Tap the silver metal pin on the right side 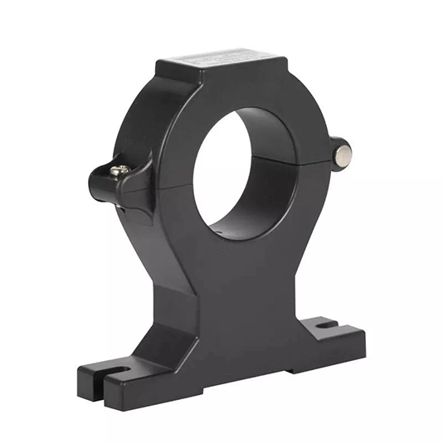click(x=342, y=151)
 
